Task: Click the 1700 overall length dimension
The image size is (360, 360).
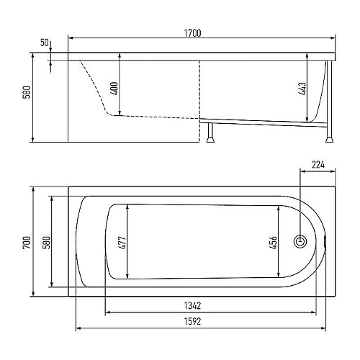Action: click(192, 33)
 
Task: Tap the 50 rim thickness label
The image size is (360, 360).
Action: click(45, 42)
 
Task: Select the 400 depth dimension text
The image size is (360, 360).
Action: click(115, 89)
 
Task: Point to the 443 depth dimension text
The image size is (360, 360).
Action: click(302, 89)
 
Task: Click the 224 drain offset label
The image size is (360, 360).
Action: click(318, 165)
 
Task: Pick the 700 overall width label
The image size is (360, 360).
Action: click(27, 243)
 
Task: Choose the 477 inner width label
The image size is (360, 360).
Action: click(122, 243)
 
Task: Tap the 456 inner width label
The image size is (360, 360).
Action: click(274, 243)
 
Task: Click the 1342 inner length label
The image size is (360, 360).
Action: click(192, 306)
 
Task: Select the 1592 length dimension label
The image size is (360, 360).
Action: click(192, 321)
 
